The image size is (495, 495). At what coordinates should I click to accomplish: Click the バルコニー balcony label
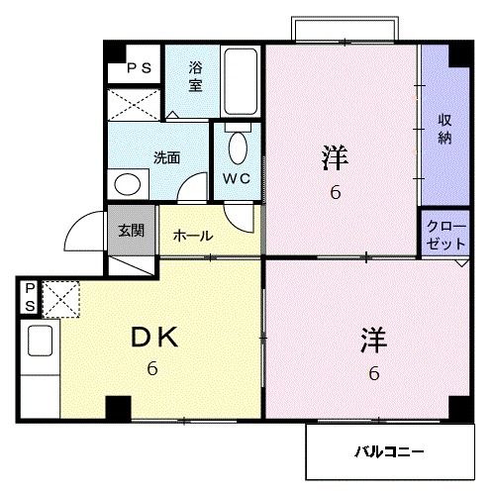pos(390,451)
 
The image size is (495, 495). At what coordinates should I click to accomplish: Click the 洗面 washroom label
pos(166,156)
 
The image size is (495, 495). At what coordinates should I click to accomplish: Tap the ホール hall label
pos(191,236)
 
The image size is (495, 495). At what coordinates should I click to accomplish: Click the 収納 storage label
pos(445,128)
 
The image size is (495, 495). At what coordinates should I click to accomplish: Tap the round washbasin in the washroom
pos(127,184)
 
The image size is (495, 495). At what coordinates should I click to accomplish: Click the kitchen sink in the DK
pos(39,341)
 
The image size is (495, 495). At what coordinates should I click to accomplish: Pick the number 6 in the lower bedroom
pos(374,374)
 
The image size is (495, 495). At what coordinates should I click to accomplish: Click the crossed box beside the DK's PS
pos(60,297)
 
